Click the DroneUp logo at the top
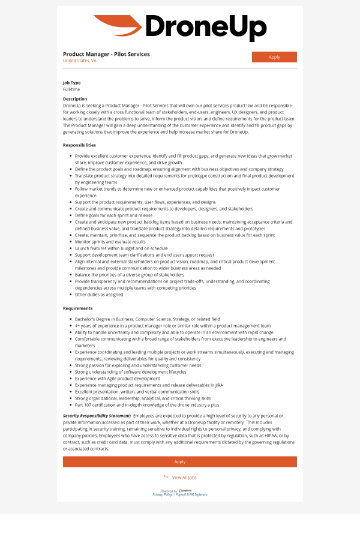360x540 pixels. tap(180, 28)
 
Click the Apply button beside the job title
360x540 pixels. tap(274, 57)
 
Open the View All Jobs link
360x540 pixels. tap(184, 478)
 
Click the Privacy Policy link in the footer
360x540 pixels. tap(162, 494)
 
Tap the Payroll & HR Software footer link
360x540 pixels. tap(191, 494)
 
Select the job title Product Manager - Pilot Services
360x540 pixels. tap(106, 54)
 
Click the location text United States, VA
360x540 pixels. tap(79, 61)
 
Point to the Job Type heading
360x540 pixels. tap(71, 83)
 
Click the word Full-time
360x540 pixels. tap(71, 89)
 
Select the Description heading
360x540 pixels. tap(75, 98)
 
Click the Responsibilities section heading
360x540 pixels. tap(79, 145)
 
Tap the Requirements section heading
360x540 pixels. tap(78, 308)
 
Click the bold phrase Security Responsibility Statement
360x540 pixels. tap(97, 415)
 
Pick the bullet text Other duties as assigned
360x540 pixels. tap(99, 295)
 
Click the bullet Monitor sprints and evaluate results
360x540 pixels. tap(110, 242)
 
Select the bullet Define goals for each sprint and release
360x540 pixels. tap(113, 215)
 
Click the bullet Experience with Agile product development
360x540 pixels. tap(117, 379)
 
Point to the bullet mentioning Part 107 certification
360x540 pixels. tap(147, 405)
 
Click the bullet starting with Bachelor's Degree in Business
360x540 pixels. tap(147, 319)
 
